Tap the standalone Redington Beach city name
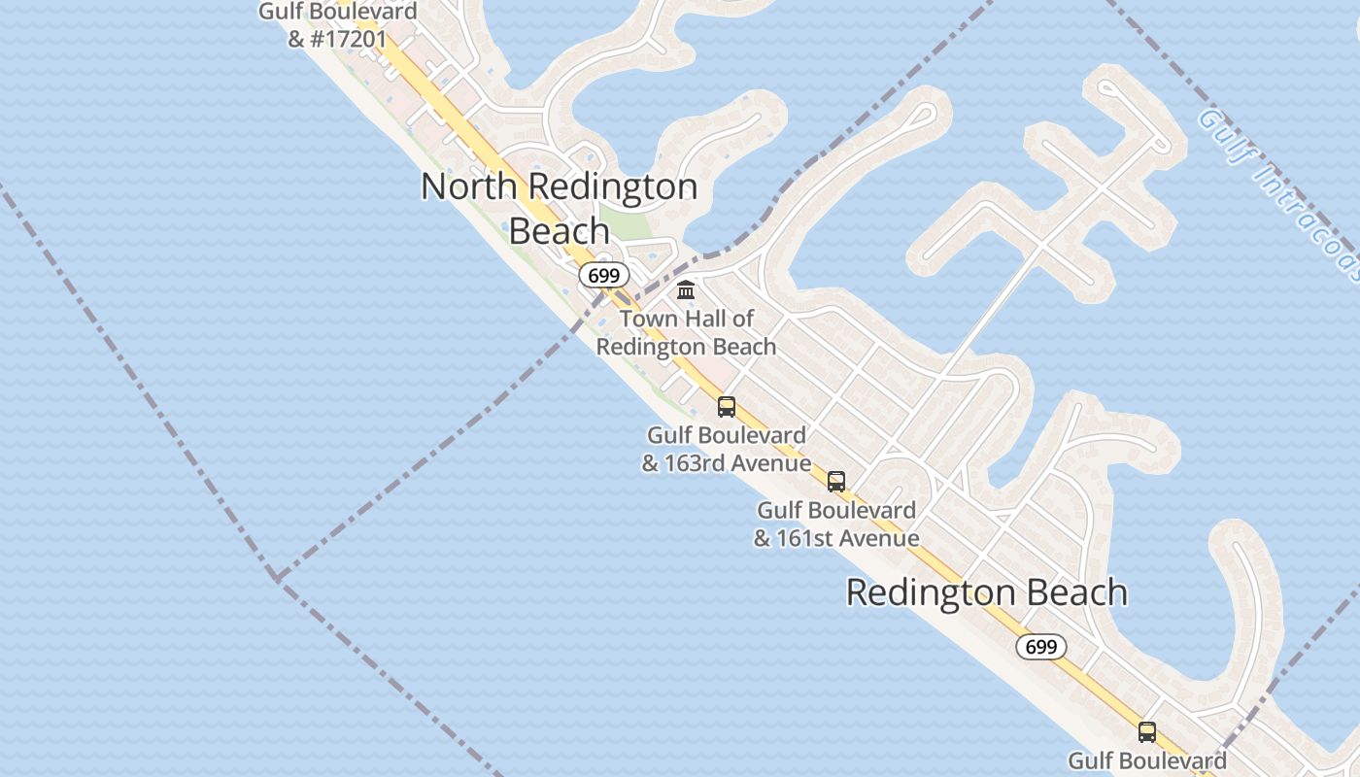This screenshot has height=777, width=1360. pyautogui.click(x=987, y=592)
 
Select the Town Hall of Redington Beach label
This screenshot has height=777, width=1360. pyautogui.click(x=686, y=332)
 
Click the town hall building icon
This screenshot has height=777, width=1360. pyautogui.click(x=686, y=289)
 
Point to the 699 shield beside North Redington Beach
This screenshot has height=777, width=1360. pyautogui.click(x=603, y=276)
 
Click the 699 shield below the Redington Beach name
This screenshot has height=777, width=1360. pyautogui.click(x=1040, y=647)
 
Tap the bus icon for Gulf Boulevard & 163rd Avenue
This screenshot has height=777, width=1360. pyautogui.click(x=727, y=407)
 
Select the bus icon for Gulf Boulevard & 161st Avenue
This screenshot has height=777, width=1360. pyautogui.click(x=836, y=481)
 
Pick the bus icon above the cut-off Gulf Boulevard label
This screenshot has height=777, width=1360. pyautogui.click(x=1147, y=732)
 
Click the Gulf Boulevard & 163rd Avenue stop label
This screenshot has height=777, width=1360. pyautogui.click(x=727, y=449)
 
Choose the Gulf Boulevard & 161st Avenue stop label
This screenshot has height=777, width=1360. pyautogui.click(x=836, y=524)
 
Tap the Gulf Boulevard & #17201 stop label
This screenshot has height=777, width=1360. pyautogui.click(x=338, y=25)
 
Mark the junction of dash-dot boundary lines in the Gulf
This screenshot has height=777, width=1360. pyautogui.click(x=277, y=579)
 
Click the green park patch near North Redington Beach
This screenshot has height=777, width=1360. pyautogui.click(x=628, y=221)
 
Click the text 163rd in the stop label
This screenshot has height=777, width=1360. pyautogui.click(x=695, y=463)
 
